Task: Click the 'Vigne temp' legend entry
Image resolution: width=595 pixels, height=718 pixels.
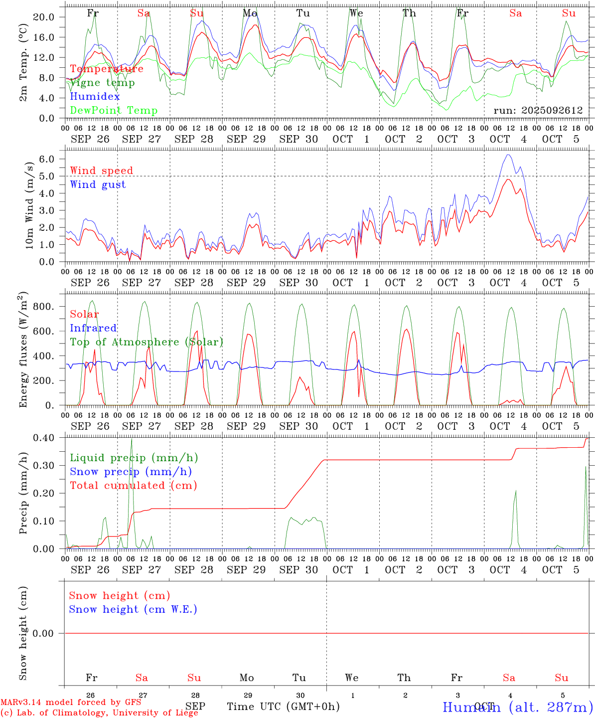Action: (102, 83)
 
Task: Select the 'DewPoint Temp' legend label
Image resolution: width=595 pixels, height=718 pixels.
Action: (114, 111)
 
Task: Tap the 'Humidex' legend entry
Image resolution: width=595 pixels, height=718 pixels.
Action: (95, 97)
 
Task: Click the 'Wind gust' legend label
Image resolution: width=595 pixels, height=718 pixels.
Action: (98, 184)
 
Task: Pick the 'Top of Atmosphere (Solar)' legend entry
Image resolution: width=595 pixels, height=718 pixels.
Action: (146, 342)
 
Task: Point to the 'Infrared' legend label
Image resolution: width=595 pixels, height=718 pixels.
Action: (93, 328)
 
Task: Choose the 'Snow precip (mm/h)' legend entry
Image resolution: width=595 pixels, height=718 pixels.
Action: (131, 472)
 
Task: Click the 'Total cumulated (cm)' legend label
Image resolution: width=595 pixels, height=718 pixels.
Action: (133, 486)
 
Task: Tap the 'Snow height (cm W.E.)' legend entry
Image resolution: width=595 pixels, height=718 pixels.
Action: (133, 609)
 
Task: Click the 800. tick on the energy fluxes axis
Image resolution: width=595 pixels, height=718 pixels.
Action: (43, 307)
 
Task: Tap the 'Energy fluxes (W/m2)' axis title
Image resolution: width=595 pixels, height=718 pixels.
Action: (23, 351)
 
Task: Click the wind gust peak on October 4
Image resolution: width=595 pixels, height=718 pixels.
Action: (508, 155)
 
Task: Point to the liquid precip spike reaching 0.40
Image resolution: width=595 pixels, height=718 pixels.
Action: (132, 439)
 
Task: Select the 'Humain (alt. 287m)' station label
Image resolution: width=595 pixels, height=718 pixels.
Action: (518, 707)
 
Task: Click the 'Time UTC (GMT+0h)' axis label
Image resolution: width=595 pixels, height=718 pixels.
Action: (283, 707)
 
